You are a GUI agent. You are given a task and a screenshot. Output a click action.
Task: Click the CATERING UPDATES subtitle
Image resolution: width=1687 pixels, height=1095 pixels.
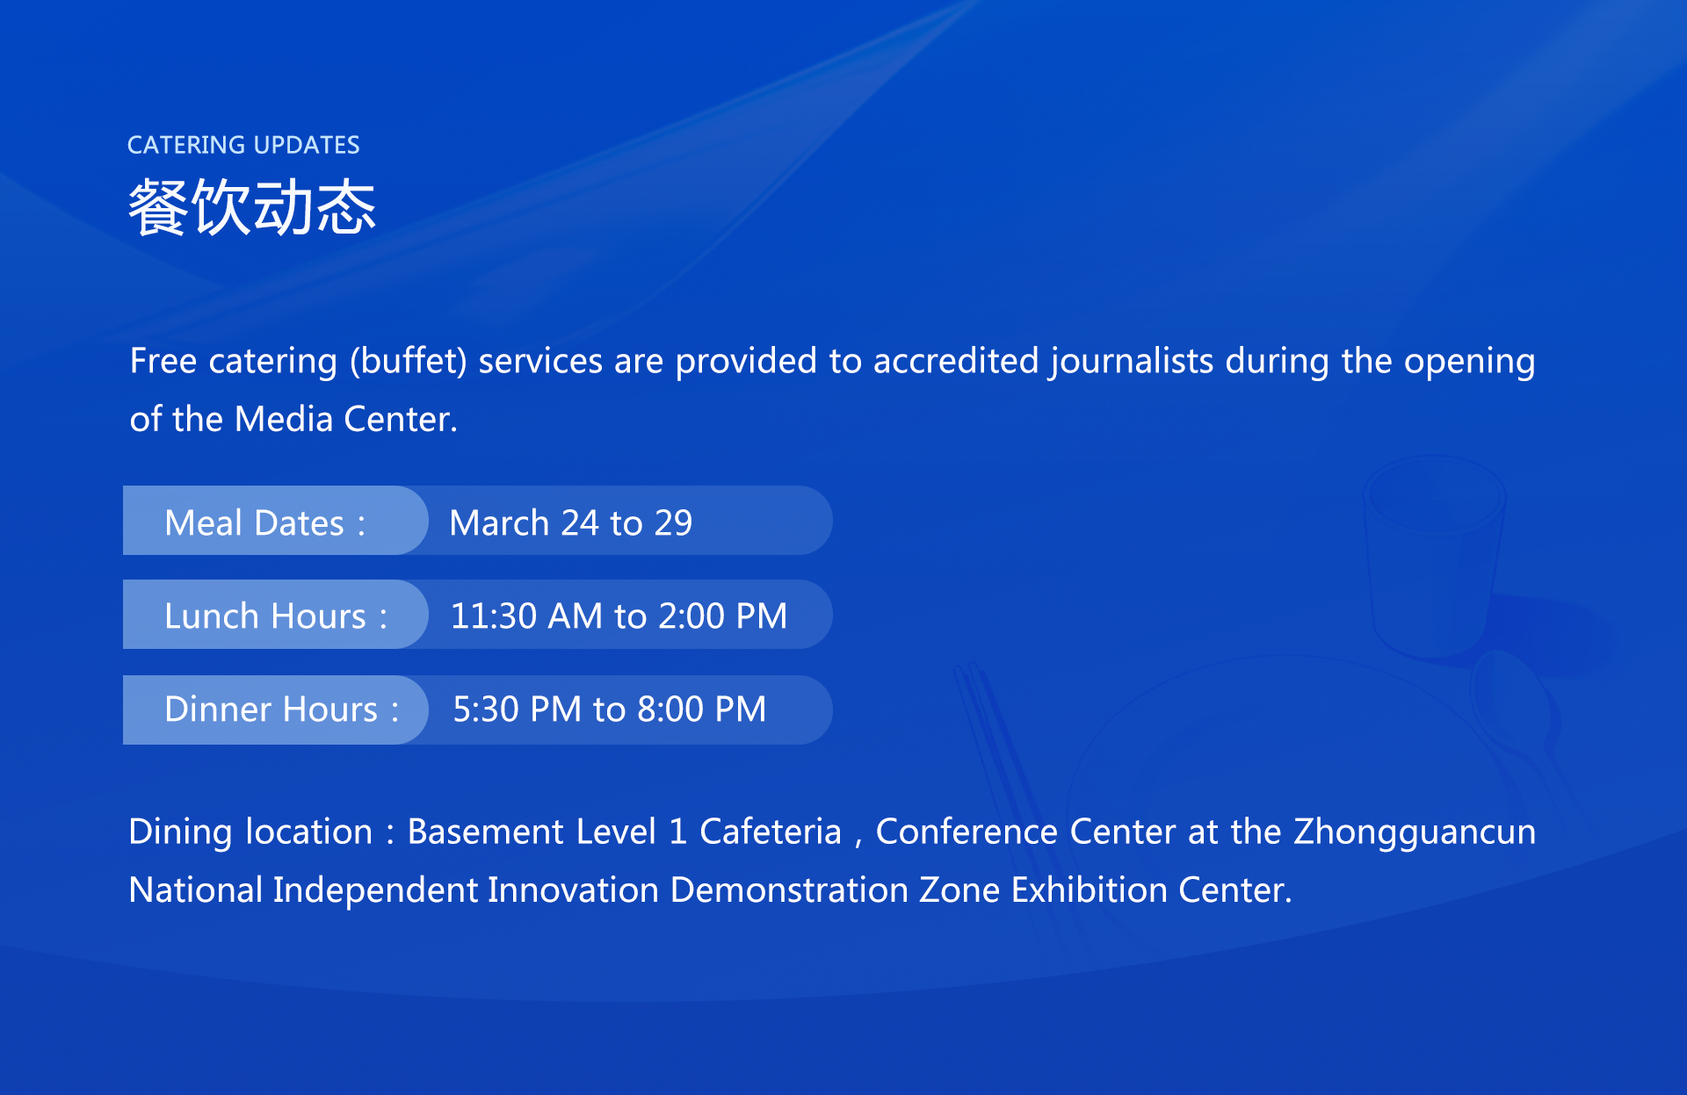[x=243, y=145]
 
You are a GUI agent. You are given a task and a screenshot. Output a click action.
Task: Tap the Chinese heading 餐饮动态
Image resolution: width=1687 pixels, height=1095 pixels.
[x=252, y=207]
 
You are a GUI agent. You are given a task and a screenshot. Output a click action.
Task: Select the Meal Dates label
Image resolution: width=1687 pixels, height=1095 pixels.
[x=264, y=522]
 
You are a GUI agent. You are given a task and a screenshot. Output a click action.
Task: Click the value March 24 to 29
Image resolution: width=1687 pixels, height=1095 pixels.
[x=571, y=522]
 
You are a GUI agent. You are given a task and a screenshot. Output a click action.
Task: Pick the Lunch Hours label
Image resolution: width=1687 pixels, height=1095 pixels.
[x=276, y=616]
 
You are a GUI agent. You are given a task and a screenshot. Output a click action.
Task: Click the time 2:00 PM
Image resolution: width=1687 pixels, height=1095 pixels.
[x=722, y=616]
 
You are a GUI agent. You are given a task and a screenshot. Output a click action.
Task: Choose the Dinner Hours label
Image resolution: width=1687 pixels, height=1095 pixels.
[x=282, y=709]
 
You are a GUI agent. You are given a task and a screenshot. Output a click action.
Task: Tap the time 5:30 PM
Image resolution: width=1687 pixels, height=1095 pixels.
[x=518, y=709]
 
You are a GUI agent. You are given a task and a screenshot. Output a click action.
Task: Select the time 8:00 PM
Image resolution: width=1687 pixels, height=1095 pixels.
[x=702, y=709]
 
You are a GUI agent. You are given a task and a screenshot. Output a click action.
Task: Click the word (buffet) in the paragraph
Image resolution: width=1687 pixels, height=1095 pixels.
[x=409, y=362]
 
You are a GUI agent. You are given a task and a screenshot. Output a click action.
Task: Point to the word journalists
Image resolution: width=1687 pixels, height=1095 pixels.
[x=1132, y=362]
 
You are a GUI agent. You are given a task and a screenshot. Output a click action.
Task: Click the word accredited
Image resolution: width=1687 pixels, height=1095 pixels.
[x=956, y=361]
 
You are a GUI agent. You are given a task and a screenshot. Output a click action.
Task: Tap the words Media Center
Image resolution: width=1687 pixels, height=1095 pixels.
[x=346, y=419]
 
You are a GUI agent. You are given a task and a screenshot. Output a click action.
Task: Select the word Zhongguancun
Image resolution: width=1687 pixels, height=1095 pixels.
[x=1415, y=832]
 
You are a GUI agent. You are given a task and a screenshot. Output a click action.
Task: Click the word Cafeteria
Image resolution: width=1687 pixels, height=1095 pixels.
[x=771, y=832]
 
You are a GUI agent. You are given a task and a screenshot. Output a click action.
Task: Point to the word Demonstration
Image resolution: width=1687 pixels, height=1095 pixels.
[x=789, y=890]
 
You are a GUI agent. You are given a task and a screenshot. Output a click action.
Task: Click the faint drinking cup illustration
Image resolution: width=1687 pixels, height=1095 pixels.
[x=1434, y=557]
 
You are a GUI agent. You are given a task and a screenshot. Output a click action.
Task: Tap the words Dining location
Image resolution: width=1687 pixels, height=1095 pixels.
[x=250, y=832]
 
